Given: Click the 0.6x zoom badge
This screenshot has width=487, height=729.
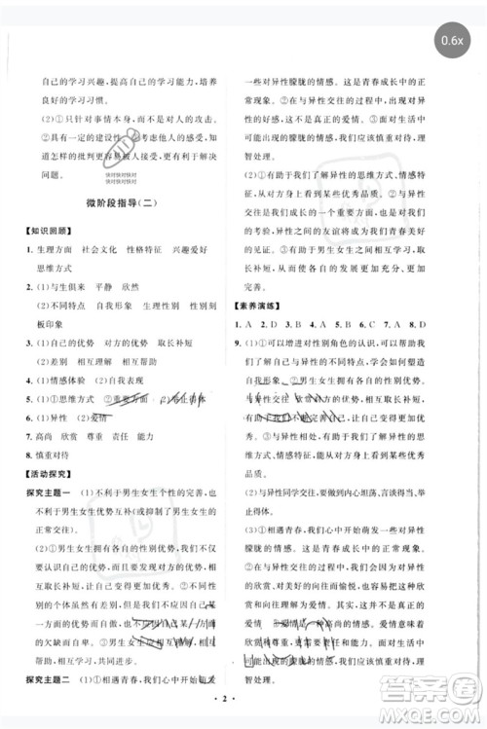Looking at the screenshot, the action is click(451, 41).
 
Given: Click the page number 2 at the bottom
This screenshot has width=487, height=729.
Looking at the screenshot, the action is click(243, 698).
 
